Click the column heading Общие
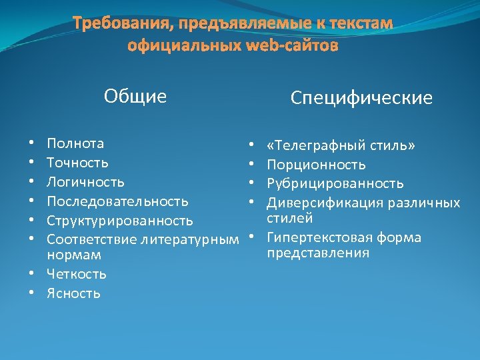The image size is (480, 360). [135, 97]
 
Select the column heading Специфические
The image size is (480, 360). [361, 99]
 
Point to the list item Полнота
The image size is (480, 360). [75, 143]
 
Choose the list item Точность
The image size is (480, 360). [77, 163]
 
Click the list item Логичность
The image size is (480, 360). [85, 182]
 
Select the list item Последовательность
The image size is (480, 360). [117, 201]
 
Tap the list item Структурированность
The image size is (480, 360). [120, 221]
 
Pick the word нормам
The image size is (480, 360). [73, 255]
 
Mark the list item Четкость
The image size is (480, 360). [77, 274]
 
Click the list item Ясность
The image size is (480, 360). [73, 293]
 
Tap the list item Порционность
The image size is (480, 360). [316, 165]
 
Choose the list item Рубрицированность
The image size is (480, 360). [335, 183]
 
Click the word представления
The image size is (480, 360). [318, 253]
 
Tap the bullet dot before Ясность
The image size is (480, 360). [31, 293]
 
